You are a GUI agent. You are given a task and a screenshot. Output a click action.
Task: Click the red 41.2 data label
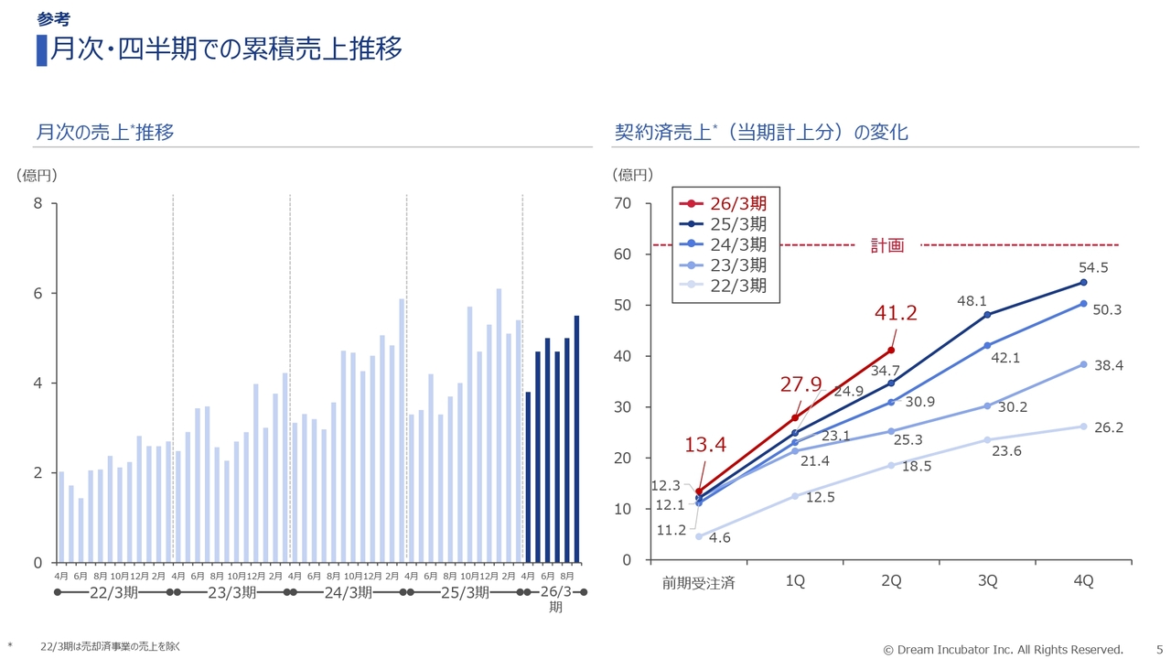[896, 314]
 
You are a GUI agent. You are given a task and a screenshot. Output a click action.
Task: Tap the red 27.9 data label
[801, 384]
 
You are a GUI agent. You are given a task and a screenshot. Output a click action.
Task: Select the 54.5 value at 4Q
[1093, 268]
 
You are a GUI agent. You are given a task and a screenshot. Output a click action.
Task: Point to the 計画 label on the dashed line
[886, 245]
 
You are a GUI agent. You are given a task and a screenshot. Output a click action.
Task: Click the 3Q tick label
[987, 581]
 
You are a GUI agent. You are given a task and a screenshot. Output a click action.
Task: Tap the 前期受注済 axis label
[699, 582]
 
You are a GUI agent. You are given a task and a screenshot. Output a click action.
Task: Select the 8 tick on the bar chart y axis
[38, 203]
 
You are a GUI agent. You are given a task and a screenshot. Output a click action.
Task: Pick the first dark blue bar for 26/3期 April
[528, 477]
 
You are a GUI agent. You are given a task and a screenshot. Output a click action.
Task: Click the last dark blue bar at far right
[576, 438]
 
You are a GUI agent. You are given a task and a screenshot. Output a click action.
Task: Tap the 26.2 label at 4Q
[1108, 427]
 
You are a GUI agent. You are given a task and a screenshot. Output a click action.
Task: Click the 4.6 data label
[719, 538]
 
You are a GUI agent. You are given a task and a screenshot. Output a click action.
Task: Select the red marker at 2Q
[891, 351]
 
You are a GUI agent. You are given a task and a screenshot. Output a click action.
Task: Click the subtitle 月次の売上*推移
[104, 133]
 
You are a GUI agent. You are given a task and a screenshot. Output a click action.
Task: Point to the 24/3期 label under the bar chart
[348, 592]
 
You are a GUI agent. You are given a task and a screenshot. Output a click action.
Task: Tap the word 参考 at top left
[53, 19]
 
